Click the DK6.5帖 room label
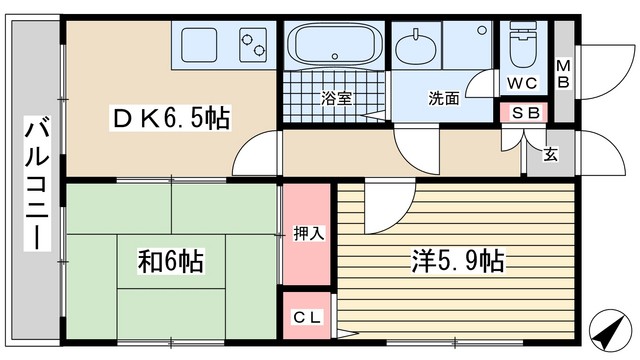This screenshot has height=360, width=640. pos(171,118)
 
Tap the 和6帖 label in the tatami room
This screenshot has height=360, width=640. pos(170,261)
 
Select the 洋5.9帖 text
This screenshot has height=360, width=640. pos(458,260)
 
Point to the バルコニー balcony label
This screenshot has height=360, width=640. pos(37,183)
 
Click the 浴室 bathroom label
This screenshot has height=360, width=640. pos(336,98)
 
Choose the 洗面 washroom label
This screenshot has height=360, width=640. pos(444,98)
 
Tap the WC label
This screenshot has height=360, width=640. pos(522,83)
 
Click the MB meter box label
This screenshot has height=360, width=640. pos(564,74)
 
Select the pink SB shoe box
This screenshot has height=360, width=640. pos(524,113)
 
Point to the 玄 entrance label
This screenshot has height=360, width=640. pos(550,155)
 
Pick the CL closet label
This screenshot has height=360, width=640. pos(307,317)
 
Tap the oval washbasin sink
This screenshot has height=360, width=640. pos(416,48)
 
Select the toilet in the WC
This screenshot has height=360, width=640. pos(523,45)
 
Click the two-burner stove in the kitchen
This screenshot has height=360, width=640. pos(253,45)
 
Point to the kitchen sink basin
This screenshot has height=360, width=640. pos(199,45)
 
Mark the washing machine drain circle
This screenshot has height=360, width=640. pos(482,30)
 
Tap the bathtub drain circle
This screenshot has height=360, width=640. pos(335,56)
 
